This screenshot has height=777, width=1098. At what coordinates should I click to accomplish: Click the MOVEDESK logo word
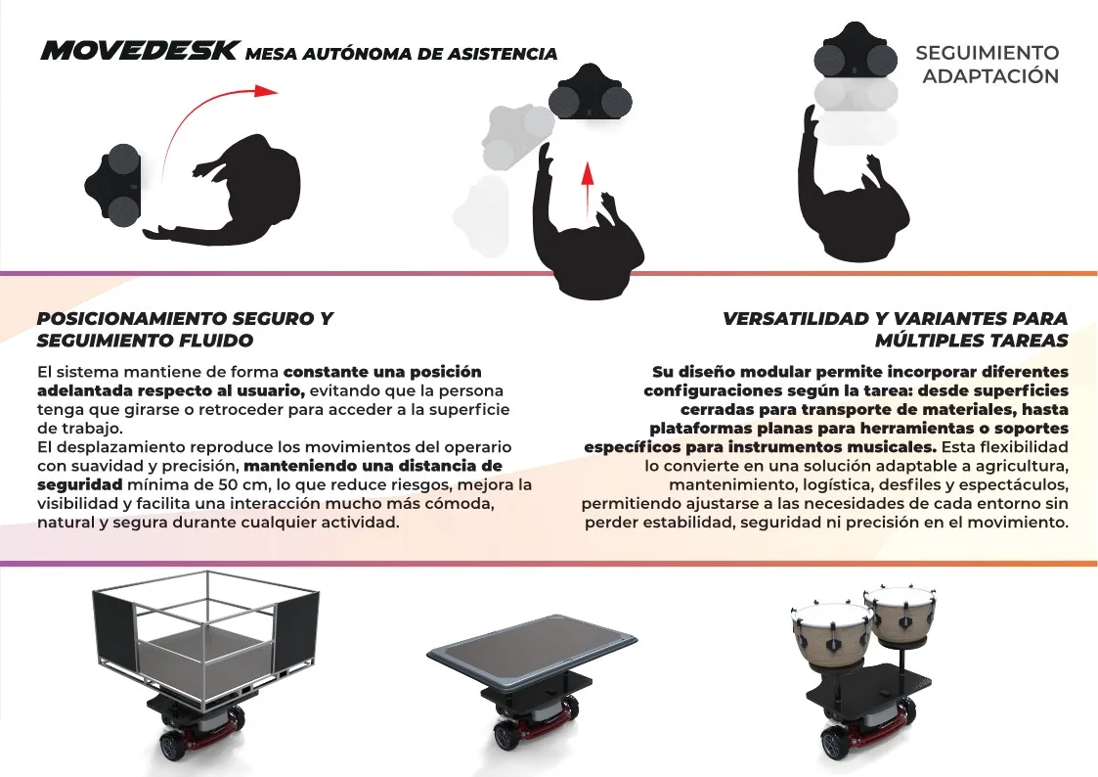point(140,51)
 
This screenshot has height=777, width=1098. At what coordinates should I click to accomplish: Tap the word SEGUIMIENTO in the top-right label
point(988,53)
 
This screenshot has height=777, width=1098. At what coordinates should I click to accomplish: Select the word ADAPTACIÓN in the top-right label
point(990,75)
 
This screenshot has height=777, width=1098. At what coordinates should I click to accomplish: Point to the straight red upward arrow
point(588,184)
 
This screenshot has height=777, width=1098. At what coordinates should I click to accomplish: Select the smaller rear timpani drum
point(900,617)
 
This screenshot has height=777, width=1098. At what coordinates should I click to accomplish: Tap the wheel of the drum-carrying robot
point(833,744)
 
